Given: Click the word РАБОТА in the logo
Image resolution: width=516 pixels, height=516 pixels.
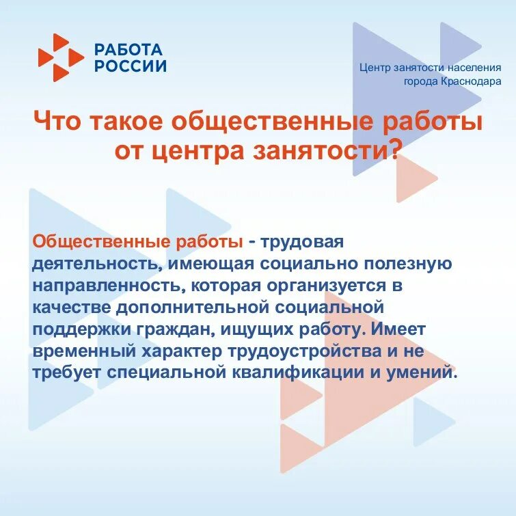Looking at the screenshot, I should coord(128,49).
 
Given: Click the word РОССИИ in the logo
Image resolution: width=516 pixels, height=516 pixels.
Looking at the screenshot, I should coord(130,66).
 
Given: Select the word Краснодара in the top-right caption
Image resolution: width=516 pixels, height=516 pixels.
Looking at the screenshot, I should coord(471,81).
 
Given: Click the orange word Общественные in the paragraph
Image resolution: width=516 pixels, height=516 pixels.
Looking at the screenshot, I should coord(90,242).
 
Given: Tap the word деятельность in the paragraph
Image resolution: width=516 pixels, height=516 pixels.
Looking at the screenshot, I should coord(90,264).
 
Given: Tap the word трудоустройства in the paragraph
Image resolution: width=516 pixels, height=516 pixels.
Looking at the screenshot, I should coord(301,351).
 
